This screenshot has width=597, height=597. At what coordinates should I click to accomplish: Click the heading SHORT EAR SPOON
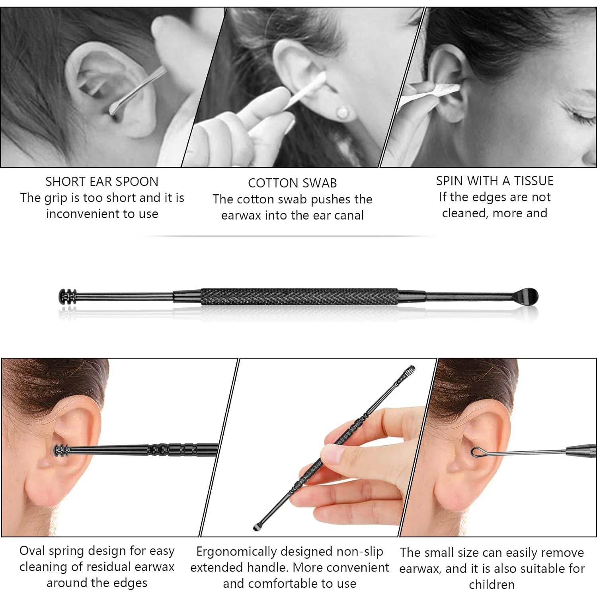[102, 181]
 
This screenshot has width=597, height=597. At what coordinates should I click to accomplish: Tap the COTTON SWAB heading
[292, 183]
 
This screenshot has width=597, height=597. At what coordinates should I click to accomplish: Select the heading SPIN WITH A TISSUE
[495, 181]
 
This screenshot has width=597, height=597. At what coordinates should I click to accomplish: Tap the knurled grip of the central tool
[298, 297]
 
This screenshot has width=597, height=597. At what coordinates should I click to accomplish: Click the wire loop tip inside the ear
[478, 451]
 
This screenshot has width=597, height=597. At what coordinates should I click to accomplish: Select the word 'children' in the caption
[492, 585]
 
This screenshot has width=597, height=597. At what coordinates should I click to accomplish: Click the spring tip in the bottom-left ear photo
[60, 450]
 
